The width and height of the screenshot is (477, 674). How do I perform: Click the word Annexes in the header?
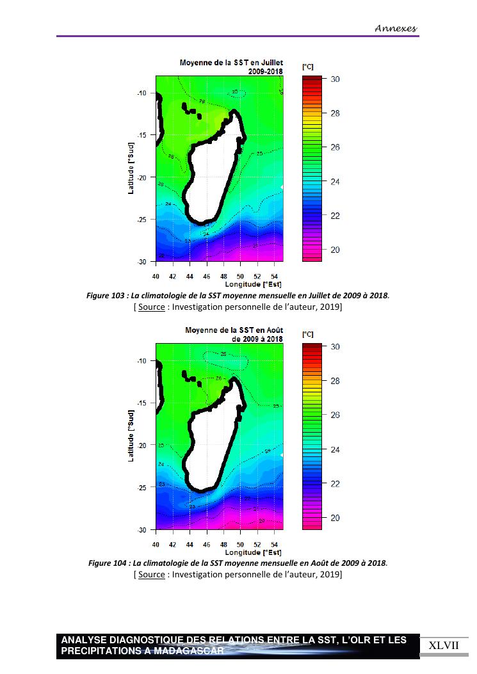pyautogui.click(x=396, y=28)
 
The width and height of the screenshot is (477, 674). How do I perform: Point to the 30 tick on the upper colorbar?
pyautogui.click(x=335, y=79)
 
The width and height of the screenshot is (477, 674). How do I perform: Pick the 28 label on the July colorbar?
pyautogui.click(x=335, y=113)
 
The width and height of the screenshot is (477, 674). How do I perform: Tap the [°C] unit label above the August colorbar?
pyautogui.click(x=307, y=334)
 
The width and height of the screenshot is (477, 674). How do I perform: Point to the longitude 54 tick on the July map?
pyautogui.click(x=274, y=276)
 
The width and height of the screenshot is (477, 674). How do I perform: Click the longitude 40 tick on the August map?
pyautogui.click(x=156, y=544)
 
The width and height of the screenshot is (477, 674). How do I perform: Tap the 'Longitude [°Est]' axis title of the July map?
pyautogui.click(x=253, y=284)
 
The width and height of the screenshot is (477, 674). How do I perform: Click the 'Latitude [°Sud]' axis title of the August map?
pyautogui.click(x=131, y=436)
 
